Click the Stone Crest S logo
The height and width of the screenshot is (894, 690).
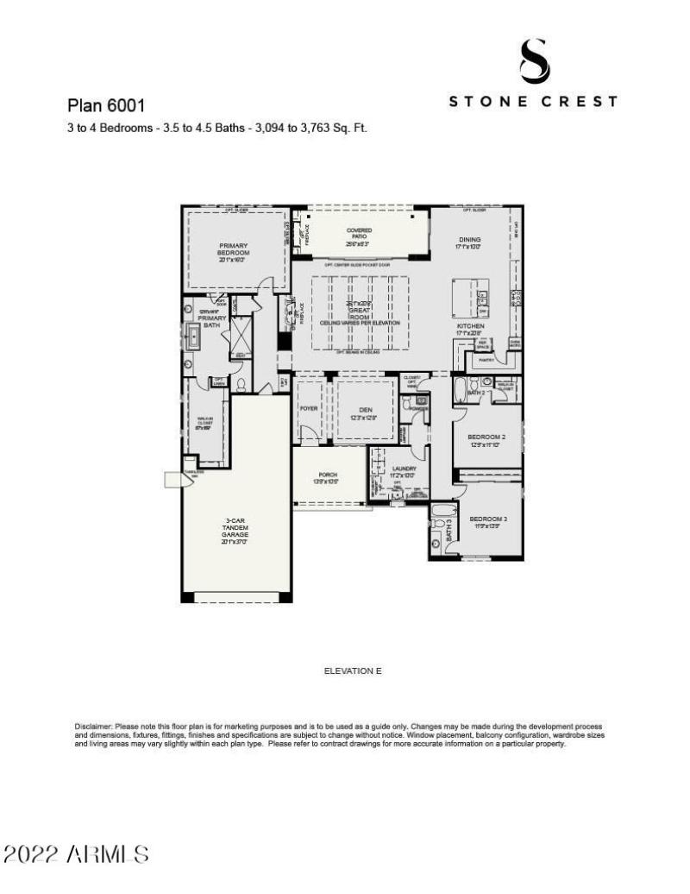(534, 61)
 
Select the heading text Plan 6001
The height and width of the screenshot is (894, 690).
(105, 105)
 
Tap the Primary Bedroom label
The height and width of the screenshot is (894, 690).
(233, 250)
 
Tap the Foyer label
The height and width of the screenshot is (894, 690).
(309, 407)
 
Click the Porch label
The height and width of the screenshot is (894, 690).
(328, 478)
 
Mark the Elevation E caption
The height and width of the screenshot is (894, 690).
(352, 670)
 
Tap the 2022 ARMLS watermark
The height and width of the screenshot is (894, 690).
(76, 854)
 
